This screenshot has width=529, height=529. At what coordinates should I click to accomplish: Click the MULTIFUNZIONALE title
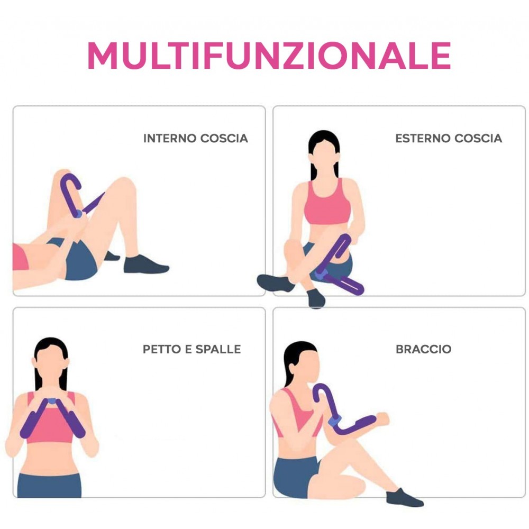coord(269,54)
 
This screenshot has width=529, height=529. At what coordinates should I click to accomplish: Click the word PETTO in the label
coord(160,349)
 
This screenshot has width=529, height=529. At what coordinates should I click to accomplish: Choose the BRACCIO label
coord(423,349)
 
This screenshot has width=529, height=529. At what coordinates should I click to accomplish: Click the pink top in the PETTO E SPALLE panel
coord(51,426)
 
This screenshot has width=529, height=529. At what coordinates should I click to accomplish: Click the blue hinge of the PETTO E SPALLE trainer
coord(52,401)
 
